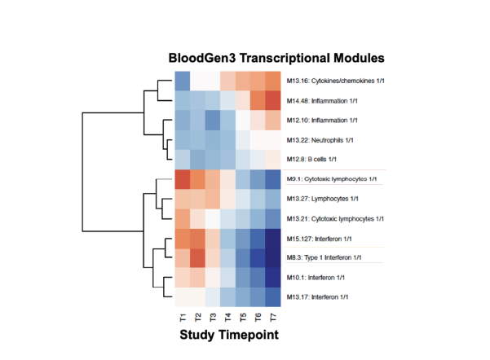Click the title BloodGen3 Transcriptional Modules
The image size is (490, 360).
[276, 59]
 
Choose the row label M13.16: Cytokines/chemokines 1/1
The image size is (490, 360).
[337, 81]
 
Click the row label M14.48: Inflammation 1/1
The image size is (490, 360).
[324, 100]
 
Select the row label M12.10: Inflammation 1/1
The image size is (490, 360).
[324, 120]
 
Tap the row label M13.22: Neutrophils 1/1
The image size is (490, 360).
[324, 139]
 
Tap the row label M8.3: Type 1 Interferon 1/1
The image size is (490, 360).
[329, 258]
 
